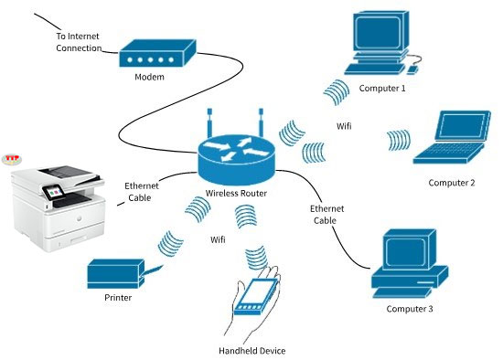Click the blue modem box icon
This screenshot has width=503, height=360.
point(157,53)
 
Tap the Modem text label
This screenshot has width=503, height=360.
point(149,77)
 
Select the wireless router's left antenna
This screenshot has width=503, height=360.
point(209,123)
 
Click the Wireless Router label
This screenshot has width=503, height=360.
point(236,194)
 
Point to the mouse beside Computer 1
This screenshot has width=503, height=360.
point(412,69)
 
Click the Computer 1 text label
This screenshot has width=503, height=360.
point(382,88)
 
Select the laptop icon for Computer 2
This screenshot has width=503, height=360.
point(453,137)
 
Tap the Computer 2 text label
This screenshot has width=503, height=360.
point(452,183)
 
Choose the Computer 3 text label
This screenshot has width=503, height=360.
point(410,309)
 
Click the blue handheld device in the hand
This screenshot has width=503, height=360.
point(256,297)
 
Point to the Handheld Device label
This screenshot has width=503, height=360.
point(252,351)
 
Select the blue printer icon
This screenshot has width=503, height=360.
point(116,274)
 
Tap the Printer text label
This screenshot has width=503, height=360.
point(118,298)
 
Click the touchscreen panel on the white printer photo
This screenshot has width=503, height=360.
point(52,191)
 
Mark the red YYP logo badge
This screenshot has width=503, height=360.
point(12,159)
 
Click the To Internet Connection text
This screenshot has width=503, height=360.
point(79,42)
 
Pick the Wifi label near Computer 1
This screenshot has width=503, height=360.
point(344,126)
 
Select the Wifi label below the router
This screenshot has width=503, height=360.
point(218,239)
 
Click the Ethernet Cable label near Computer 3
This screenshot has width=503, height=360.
point(326,215)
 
